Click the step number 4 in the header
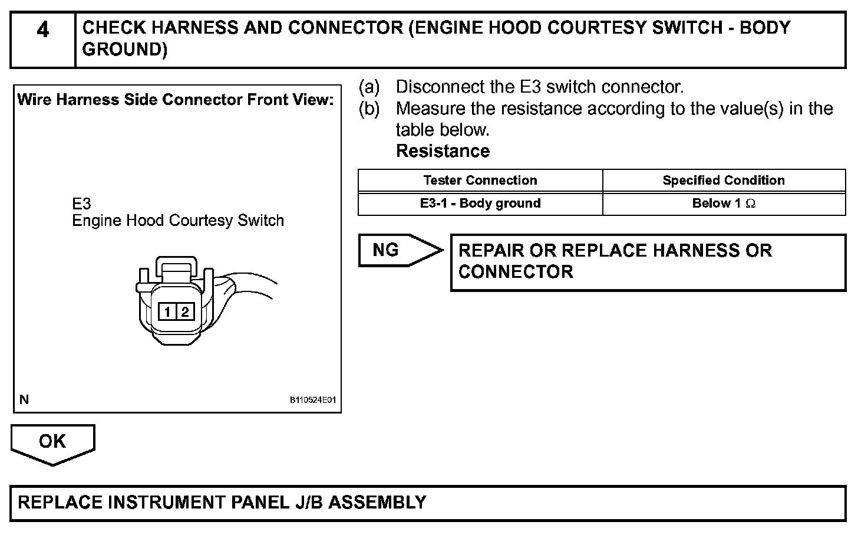42,30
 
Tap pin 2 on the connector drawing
184,311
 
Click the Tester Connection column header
480,181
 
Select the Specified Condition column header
723,181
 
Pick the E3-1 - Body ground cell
480,204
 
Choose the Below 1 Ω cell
723,204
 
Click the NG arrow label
387,250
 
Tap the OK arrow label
52,442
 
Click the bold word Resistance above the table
443,151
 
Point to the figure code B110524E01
312,400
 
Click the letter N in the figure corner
24,399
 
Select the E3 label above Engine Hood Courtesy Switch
81,204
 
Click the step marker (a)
369,87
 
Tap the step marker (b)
369,109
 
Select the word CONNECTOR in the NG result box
516,272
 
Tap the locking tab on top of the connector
175,265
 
